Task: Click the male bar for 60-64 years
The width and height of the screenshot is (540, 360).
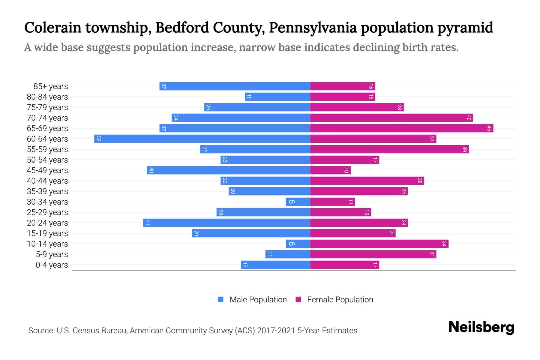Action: tap(202, 139)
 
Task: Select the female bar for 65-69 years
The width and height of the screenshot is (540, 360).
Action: tap(401, 128)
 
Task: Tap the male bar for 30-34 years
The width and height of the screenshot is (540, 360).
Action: tap(298, 202)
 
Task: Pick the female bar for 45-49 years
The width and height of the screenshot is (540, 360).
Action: tap(330, 170)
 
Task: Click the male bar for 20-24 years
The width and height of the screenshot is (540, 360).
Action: tap(226, 223)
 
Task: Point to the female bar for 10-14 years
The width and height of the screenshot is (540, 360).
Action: tap(379, 244)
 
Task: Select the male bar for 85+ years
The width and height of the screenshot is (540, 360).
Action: tap(235, 86)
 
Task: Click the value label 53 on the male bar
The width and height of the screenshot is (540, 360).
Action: tap(98, 139)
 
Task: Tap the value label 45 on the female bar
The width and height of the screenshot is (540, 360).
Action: tap(489, 128)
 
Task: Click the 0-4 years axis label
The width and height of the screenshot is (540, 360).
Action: tap(52, 265)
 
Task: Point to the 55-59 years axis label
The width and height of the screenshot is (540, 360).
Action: tap(47, 149)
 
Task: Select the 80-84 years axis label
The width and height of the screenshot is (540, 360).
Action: tap(47, 97)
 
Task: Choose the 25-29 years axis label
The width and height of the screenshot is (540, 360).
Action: tap(47, 212)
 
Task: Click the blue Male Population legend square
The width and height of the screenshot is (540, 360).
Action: tap(221, 299)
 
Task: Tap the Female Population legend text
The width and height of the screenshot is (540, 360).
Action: tap(340, 300)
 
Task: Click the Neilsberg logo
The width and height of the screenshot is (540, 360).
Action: tap(481, 327)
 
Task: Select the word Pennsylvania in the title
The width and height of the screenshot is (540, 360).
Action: tap(313, 28)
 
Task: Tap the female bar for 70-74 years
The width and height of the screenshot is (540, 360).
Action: tap(391, 118)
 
